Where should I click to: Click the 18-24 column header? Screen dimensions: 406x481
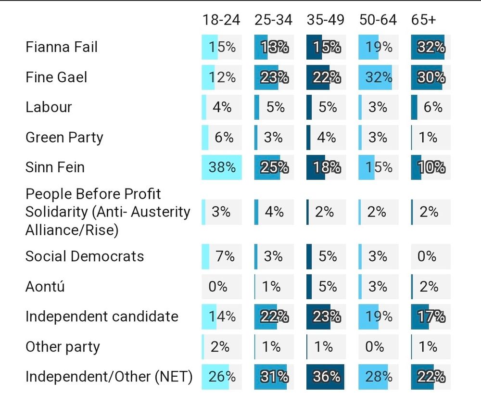click(221, 20)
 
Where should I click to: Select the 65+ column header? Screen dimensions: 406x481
click(424, 20)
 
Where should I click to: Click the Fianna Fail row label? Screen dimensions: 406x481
click(62, 47)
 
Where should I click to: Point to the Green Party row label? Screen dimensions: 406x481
click(64, 137)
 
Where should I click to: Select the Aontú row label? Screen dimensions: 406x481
click(45, 287)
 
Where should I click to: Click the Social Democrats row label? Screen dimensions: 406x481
click(85, 256)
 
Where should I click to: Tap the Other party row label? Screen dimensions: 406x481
click(63, 346)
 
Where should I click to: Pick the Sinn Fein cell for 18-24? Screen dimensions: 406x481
click(222, 167)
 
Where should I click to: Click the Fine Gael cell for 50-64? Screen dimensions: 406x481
click(378, 77)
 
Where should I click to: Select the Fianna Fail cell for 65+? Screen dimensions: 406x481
click(430, 47)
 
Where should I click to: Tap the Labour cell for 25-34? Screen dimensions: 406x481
click(274, 107)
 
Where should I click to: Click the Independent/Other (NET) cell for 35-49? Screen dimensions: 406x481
click(326, 376)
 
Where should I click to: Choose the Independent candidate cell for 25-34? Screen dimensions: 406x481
click(274, 317)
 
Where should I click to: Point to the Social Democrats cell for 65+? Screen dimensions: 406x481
click(430, 256)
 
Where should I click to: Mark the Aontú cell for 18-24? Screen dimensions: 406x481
click(222, 287)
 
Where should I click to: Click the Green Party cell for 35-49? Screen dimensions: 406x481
click(326, 137)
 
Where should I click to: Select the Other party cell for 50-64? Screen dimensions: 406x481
click(378, 346)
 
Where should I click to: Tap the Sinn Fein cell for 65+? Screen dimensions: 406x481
click(430, 167)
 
